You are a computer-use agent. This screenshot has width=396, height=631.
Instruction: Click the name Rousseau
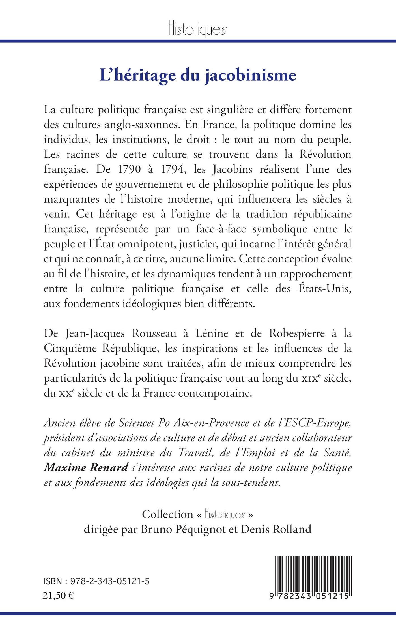[x=153, y=333]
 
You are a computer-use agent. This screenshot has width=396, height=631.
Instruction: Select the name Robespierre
[x=297, y=333]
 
